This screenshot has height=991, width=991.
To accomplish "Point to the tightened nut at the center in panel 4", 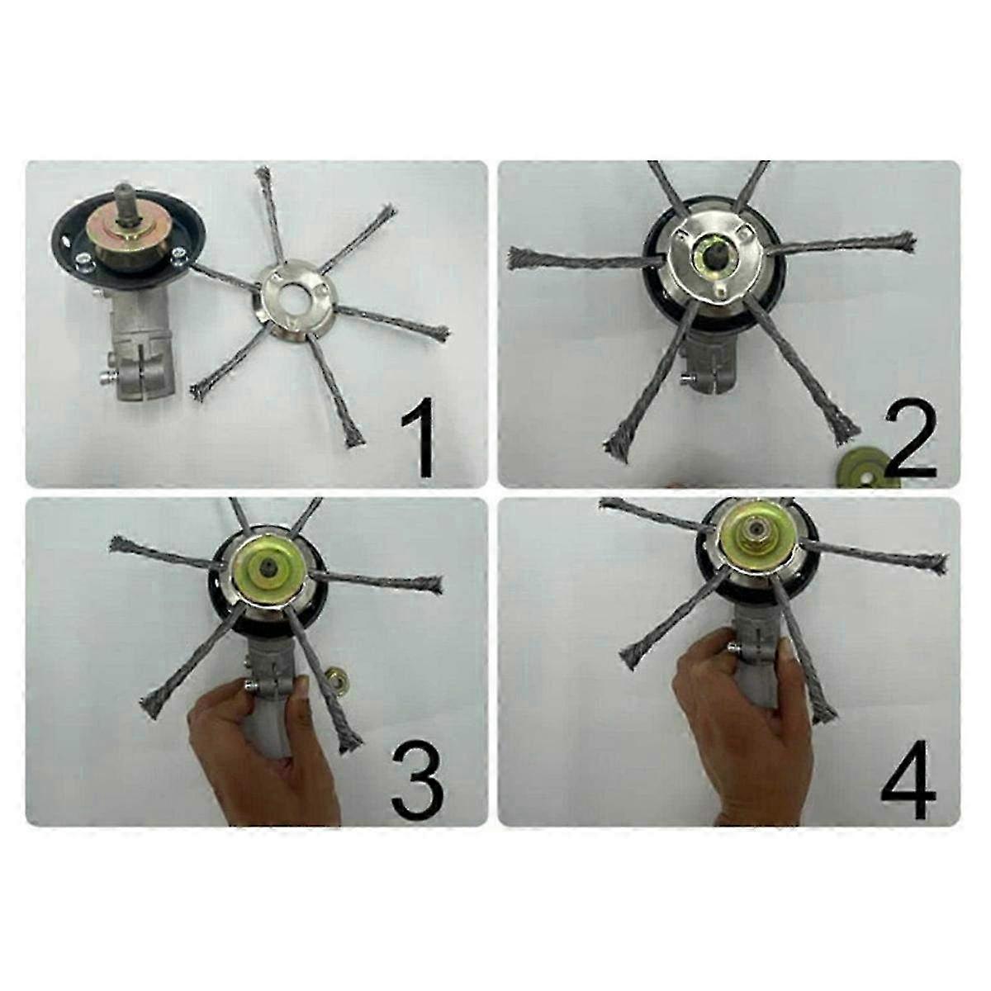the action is tap(755, 541).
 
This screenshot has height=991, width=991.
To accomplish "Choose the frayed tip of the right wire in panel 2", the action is tap(905, 240).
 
